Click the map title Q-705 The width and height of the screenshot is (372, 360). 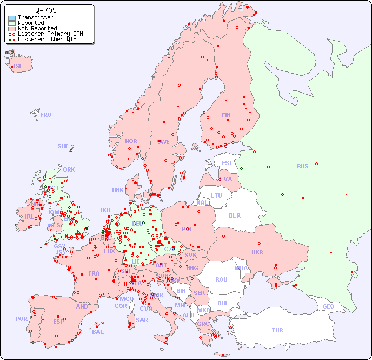point(45,10)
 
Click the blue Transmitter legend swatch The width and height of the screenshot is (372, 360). point(12,18)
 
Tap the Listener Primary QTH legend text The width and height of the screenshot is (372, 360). point(50,34)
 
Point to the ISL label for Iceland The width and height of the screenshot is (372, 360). point(18,67)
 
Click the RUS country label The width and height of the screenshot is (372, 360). point(302,166)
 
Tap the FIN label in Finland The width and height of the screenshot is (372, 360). point(226,115)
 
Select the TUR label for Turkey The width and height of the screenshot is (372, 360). point(277,330)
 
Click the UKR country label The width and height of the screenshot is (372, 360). point(257,252)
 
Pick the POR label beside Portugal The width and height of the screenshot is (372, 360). point(21,319)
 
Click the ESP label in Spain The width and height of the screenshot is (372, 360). point(58,321)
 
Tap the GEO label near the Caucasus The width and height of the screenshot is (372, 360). point(328,306)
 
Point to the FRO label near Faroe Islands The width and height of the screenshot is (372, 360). point(46,115)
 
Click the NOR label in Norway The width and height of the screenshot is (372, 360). point(131,141)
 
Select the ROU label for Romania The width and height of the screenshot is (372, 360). point(221,279)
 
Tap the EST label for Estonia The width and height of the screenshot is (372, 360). point(227,163)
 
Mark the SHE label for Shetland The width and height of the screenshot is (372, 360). point(63,146)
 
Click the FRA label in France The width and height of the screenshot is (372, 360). point(94,273)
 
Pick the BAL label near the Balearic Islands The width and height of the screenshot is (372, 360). point(98,332)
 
